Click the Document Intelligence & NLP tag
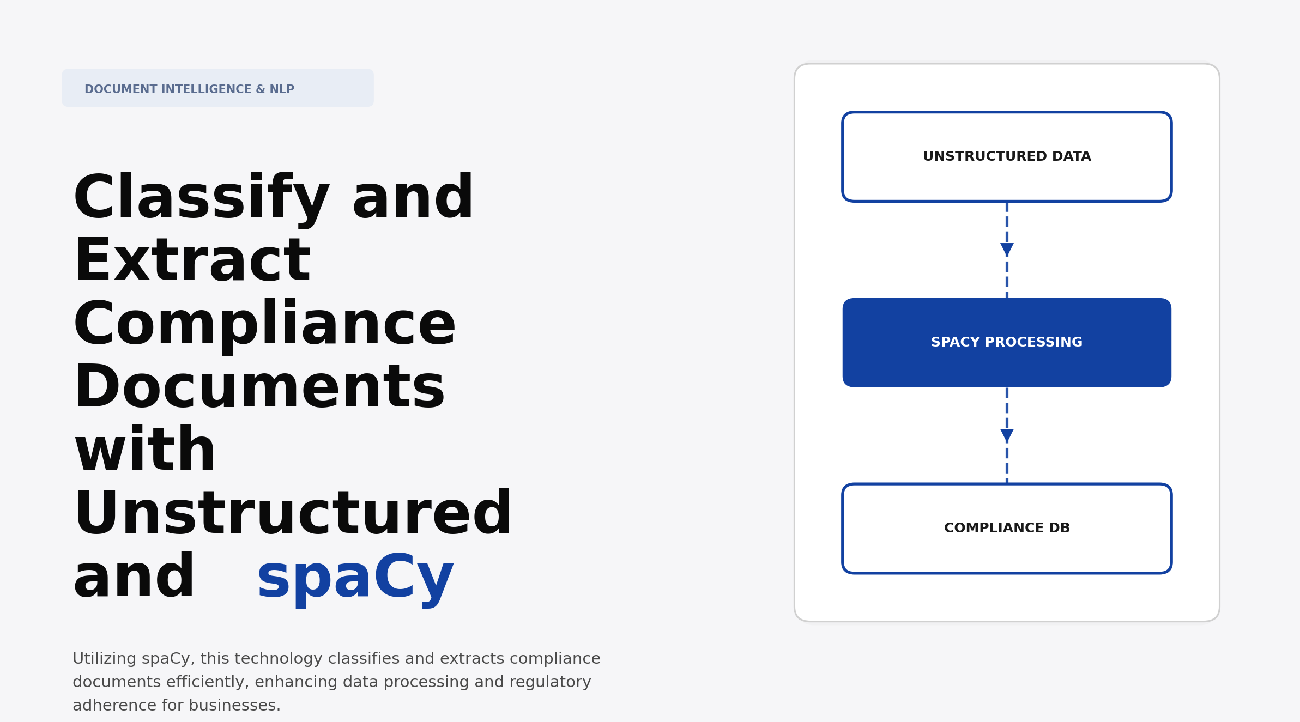tap(217, 88)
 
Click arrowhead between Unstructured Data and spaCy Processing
tap(1007, 250)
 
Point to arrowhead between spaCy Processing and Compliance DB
tap(1007, 435)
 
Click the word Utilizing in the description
tap(104, 659)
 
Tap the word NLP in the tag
tap(282, 89)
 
